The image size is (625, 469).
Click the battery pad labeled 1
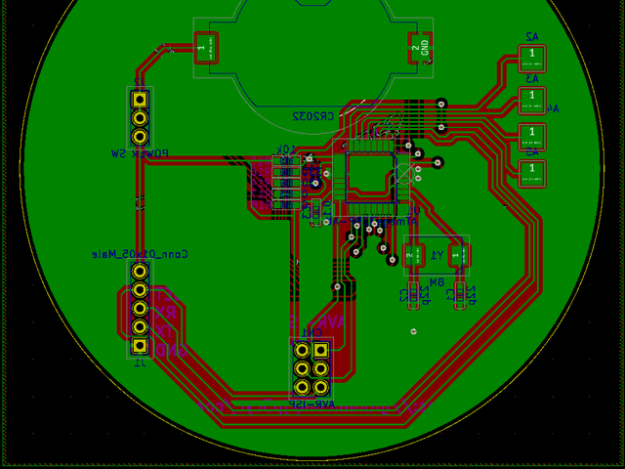click(202, 47)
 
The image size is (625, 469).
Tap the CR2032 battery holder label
click(313, 115)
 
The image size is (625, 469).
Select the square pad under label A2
click(531, 54)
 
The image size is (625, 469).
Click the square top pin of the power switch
click(140, 99)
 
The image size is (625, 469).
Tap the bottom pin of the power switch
click(140, 135)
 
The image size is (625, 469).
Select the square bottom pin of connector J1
click(140, 345)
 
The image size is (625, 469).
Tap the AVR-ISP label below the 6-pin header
click(312, 403)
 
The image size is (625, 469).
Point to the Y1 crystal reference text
click(437, 254)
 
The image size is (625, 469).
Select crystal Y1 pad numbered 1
click(456, 255)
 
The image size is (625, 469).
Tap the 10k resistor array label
click(285, 149)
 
